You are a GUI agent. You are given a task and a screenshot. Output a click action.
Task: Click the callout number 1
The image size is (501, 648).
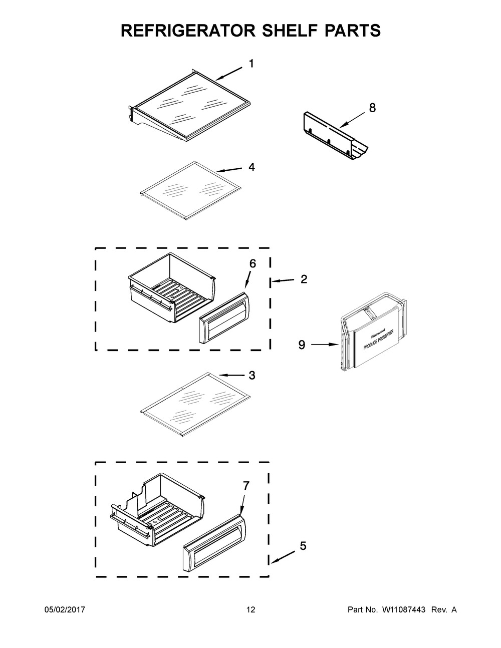pyautogui.click(x=252, y=64)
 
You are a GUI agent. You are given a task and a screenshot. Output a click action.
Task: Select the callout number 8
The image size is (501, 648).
pyautogui.click(x=372, y=108)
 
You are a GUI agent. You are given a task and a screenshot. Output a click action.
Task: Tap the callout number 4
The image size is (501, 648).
pyautogui.click(x=252, y=167)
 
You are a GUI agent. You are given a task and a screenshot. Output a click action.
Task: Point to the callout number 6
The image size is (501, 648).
pyautogui.click(x=253, y=264)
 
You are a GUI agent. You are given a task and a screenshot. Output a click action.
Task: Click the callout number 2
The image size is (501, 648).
pyautogui.click(x=304, y=279)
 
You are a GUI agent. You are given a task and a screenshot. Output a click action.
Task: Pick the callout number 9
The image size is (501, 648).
pyautogui.click(x=302, y=345)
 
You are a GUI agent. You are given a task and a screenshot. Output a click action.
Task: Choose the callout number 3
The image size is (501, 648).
pyautogui.click(x=252, y=375)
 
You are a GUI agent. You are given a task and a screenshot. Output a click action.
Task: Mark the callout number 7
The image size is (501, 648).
pyautogui.click(x=246, y=486)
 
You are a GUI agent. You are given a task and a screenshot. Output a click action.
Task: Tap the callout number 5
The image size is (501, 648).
pyautogui.click(x=303, y=546)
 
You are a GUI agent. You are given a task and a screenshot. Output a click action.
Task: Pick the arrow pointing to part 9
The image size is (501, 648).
pyautogui.click(x=326, y=345)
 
